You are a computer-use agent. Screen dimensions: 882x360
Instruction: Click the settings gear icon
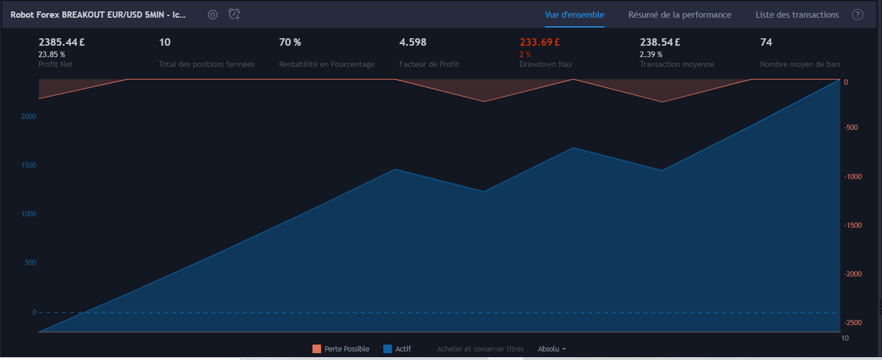tap(213, 15)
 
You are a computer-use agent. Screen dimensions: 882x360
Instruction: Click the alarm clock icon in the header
tap(234, 14)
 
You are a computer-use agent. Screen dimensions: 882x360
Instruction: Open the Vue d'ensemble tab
tap(575, 15)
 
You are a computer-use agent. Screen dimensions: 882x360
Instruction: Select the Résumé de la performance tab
tap(680, 15)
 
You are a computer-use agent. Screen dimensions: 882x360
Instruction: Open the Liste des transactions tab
tap(797, 15)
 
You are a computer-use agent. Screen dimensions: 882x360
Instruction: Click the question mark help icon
tap(857, 15)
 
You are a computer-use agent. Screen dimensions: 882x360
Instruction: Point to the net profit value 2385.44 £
tap(62, 42)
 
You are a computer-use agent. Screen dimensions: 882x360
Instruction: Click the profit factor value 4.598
tap(412, 42)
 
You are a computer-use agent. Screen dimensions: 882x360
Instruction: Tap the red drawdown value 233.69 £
tap(539, 42)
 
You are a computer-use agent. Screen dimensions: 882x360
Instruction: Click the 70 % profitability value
tap(290, 42)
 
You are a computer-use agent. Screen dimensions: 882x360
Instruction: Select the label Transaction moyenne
tap(676, 64)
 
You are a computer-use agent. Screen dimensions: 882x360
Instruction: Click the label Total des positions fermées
tap(206, 64)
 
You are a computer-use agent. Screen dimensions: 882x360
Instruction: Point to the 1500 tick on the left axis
tap(29, 165)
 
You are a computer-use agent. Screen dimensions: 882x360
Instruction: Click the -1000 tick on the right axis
tap(853, 177)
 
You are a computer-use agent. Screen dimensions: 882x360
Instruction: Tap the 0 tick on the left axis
tap(34, 313)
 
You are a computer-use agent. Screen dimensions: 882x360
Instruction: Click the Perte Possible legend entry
tap(340, 349)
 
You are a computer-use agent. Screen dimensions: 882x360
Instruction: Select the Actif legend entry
tap(397, 349)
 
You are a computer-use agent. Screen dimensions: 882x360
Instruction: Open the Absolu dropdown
tap(552, 349)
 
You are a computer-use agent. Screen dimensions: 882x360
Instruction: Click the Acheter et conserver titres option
tap(480, 349)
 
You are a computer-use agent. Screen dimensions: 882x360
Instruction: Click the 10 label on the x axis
tap(845, 338)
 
